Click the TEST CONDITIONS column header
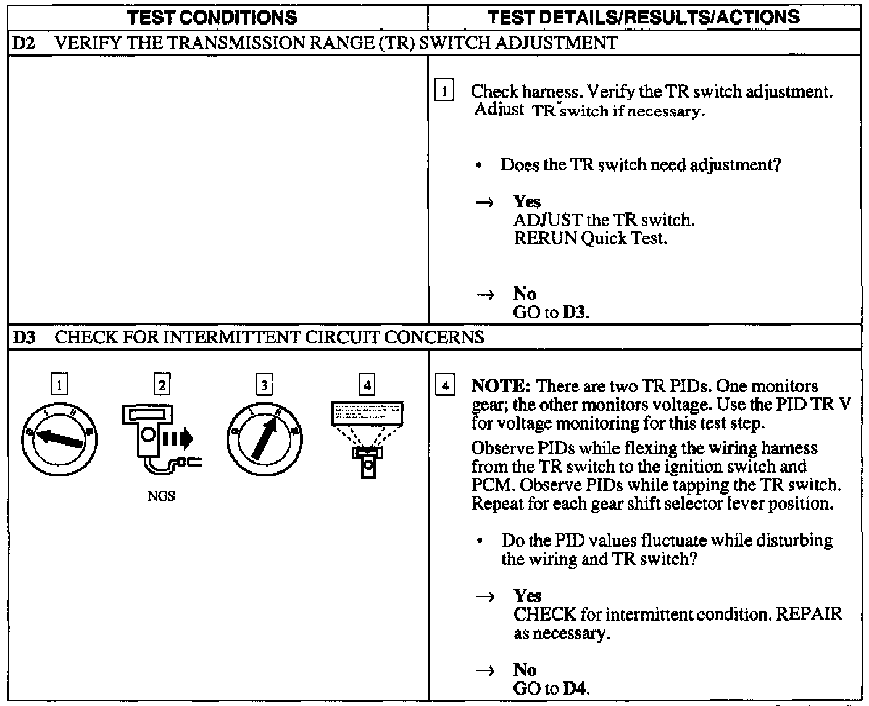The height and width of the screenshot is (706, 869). click(212, 17)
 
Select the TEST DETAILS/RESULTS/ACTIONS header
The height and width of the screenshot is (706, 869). click(643, 17)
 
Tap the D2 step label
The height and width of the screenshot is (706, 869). click(23, 43)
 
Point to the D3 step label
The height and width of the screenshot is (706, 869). click(23, 338)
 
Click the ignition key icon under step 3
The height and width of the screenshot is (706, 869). click(264, 436)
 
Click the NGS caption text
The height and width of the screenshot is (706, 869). click(161, 497)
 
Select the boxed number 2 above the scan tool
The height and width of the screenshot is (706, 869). click(162, 385)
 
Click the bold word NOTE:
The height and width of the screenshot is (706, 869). click(501, 387)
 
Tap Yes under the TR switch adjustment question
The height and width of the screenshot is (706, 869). click(526, 202)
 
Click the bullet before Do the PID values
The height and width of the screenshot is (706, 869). click(480, 541)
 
